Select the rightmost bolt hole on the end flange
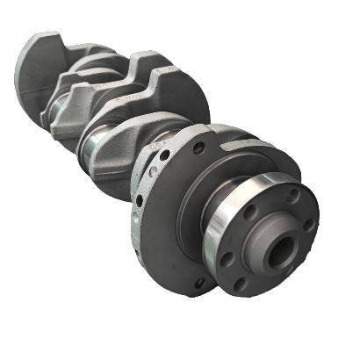[307, 223]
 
